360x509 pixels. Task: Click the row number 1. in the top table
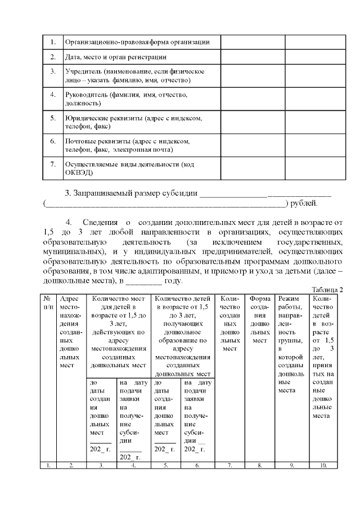pos(52,42)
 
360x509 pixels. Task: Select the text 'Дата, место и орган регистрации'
pos(116,57)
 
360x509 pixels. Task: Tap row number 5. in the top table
pos(52,118)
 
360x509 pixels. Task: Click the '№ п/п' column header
pos(49,302)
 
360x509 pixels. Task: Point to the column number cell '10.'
pos(323,465)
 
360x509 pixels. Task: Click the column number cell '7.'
pos(229,465)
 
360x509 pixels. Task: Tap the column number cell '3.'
pos(101,465)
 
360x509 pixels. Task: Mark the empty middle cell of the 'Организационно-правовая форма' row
pos(253,42)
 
